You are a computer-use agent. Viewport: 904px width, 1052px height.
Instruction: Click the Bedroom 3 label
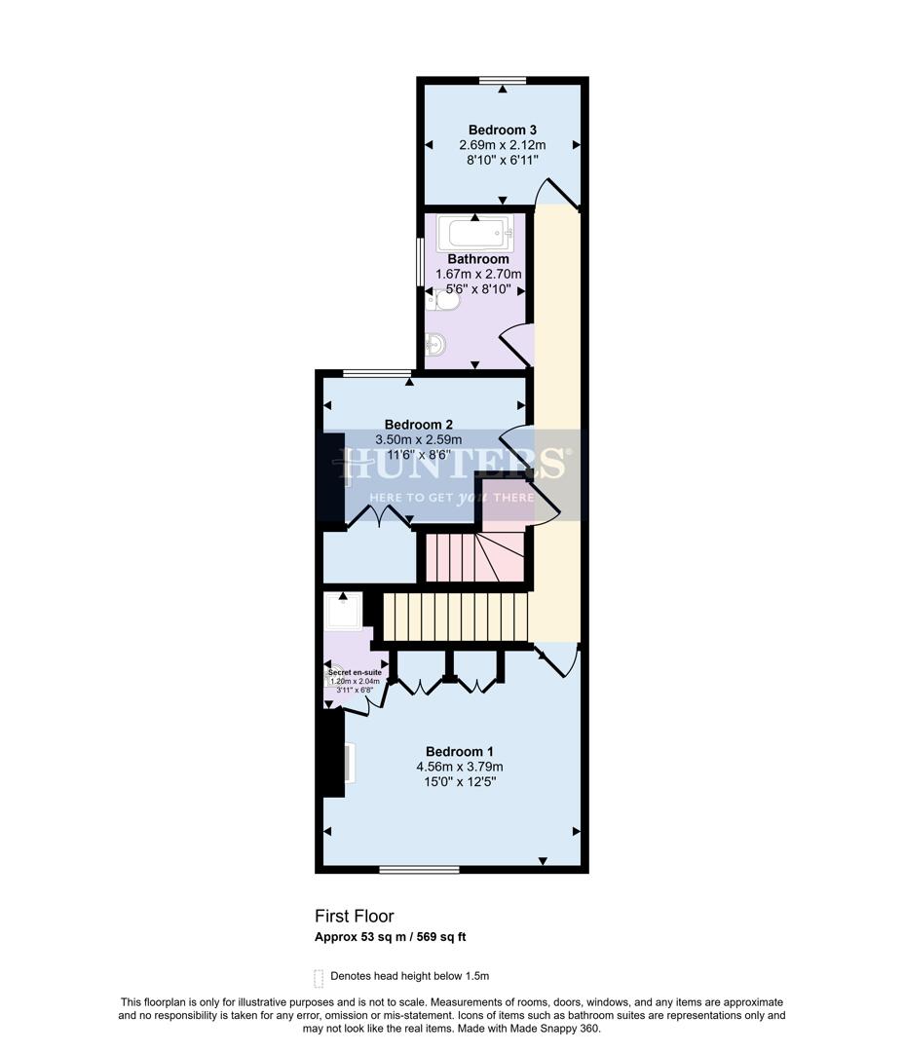[503, 130]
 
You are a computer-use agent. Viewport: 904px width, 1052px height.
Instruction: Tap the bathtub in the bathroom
[475, 234]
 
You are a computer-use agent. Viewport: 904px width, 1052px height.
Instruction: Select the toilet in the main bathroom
[445, 302]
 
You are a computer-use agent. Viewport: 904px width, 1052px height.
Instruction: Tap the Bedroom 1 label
[460, 751]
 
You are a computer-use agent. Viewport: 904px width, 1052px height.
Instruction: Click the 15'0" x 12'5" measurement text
[460, 782]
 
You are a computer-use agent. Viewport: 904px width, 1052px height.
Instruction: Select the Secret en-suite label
[355, 672]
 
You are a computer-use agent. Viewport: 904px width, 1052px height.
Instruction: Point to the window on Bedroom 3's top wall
[503, 80]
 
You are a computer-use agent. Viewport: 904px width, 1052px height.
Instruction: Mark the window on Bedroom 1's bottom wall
[406, 869]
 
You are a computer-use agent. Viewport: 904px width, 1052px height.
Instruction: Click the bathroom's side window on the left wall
[420, 262]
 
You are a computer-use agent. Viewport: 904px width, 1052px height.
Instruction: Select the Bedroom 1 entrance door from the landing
[558, 663]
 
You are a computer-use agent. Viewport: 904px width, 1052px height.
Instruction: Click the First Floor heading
[354, 916]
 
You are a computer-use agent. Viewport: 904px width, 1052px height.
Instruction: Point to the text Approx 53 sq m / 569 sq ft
[391, 938]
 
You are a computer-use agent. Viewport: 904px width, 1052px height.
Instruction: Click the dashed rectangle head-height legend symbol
[318, 977]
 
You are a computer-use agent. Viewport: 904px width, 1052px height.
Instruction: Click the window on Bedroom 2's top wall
[376, 372]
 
